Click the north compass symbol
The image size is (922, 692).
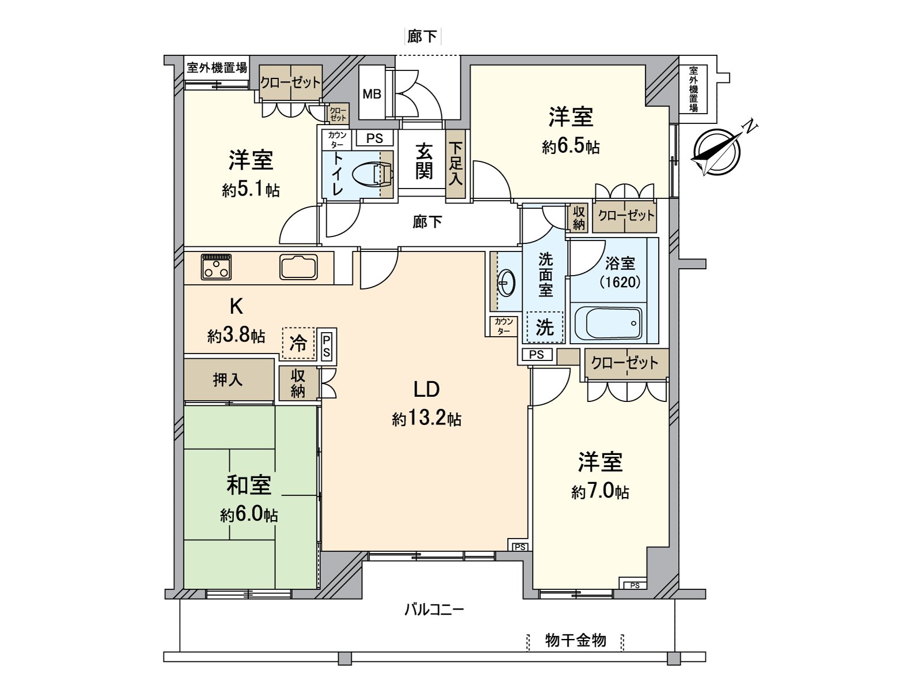pos(716,152)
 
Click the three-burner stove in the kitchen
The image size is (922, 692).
pos(217,267)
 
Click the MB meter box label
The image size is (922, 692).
pos(372,93)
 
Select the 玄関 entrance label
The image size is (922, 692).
pos(424,161)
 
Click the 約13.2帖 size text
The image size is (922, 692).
pos(426,419)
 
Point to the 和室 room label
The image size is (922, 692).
pos(248,485)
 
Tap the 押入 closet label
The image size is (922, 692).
pos(228,379)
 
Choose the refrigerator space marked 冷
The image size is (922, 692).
pos(298,344)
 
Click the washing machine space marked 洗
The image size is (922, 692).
pos(545,328)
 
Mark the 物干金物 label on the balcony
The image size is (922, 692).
pos(575,640)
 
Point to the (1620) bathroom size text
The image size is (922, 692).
pos(620,282)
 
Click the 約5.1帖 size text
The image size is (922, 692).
pos(251,190)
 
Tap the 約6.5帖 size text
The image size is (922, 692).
pos(570,147)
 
